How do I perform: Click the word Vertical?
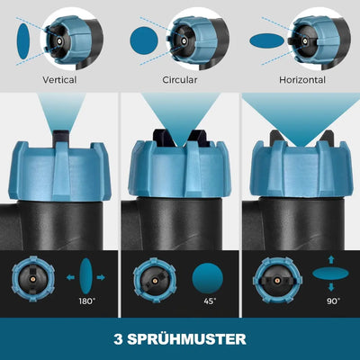[59, 80]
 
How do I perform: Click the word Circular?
[180, 80]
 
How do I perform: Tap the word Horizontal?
[302, 80]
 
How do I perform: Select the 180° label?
[86, 301]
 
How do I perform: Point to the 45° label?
[210, 301]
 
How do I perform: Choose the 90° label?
[333, 301]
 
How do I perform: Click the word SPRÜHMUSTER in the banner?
[186, 339]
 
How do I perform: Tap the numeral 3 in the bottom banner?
[118, 339]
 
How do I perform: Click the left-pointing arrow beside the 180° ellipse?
[70, 277]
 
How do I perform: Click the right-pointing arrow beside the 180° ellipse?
[101, 277]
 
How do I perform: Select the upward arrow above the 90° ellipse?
[331, 259]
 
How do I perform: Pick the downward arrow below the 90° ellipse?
[331, 287]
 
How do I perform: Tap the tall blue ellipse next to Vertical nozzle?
[23, 41]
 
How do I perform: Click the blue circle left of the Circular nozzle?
[144, 40]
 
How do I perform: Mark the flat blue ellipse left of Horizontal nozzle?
[266, 40]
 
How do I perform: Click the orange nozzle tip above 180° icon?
[31, 278]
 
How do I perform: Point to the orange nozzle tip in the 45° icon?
[155, 281]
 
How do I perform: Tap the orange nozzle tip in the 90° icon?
[276, 281]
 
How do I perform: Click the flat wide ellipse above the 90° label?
[330, 274]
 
